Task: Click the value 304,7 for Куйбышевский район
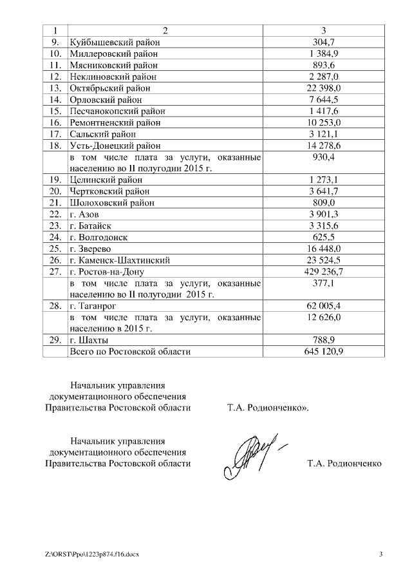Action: pyautogui.click(x=323, y=42)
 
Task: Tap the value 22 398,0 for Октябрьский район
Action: pyautogui.click(x=323, y=88)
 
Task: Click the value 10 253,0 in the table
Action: pyautogui.click(x=323, y=122)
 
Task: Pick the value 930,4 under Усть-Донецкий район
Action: pyautogui.click(x=323, y=157)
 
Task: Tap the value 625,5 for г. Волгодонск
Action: pyautogui.click(x=323, y=237)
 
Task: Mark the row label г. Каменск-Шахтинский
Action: pyautogui.click(x=120, y=260)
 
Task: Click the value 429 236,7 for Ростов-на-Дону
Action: pyautogui.click(x=323, y=272)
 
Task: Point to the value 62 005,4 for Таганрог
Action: pyautogui.click(x=323, y=306)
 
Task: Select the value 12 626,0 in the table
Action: pyautogui.click(x=323, y=318)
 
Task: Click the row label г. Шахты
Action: pyautogui.click(x=89, y=341)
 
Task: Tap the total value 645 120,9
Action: pyautogui.click(x=323, y=352)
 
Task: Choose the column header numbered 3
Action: pyautogui.click(x=323, y=30)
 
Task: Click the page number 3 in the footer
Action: pyautogui.click(x=380, y=554)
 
